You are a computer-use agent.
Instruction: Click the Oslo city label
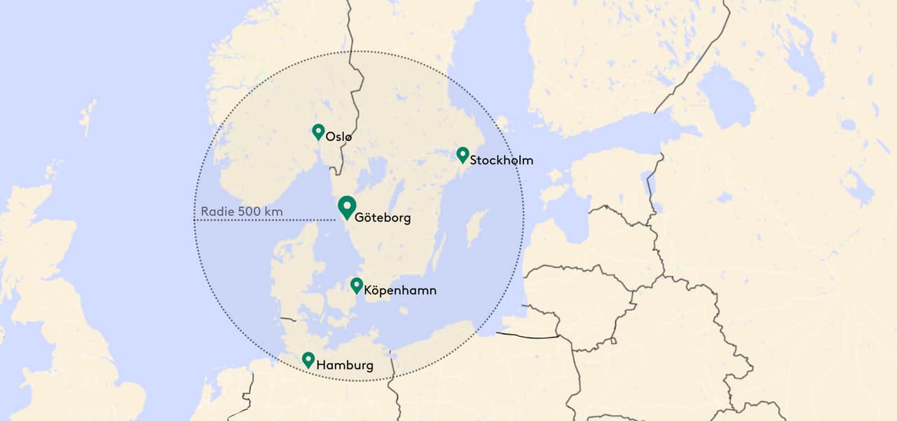[x=338, y=137]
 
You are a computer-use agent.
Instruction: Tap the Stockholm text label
[x=501, y=160]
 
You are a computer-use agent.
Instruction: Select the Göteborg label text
[x=383, y=218]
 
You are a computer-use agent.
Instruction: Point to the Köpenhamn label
[x=400, y=290]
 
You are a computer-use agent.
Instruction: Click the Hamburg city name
[x=345, y=365]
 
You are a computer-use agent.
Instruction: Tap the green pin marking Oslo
[x=318, y=131]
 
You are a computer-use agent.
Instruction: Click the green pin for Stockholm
[x=463, y=154]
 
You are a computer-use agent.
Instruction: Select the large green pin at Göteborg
[x=346, y=207]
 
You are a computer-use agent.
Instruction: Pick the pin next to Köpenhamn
[x=357, y=285]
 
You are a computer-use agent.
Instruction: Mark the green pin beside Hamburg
[x=308, y=359]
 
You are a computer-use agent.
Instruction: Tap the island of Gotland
[x=477, y=227]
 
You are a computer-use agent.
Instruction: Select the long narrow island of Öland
[x=439, y=253]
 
